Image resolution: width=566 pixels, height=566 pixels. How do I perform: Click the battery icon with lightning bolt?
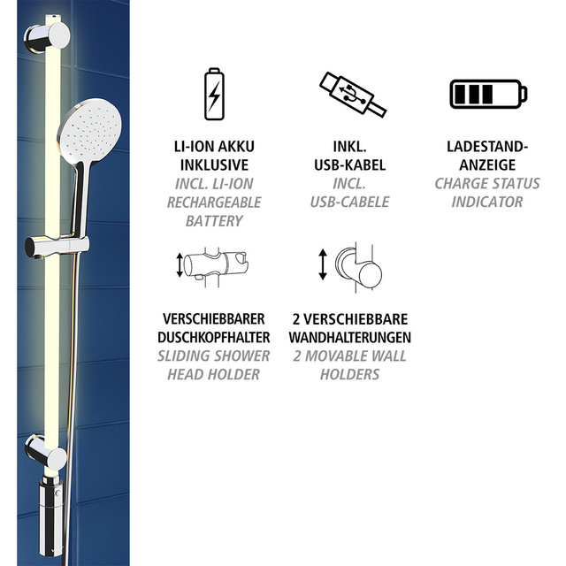coord(212,93)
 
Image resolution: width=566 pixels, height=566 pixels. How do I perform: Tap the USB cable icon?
coord(352,94)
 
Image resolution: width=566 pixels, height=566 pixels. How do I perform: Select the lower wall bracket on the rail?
coord(46,454)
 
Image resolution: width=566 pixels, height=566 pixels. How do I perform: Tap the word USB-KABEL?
coord(351,164)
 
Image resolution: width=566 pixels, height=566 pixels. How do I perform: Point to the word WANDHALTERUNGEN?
coord(350,337)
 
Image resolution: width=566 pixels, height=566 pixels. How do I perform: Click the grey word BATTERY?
coord(213,220)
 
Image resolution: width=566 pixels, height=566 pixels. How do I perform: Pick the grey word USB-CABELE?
coord(351,202)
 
